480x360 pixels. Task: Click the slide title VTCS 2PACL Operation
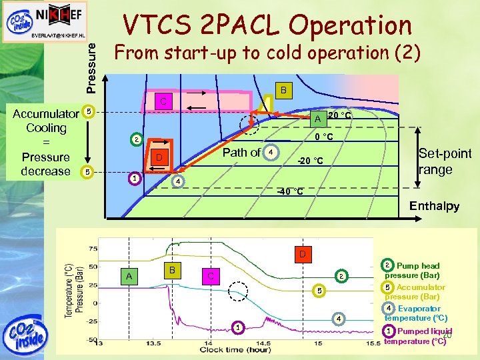tap(267, 25)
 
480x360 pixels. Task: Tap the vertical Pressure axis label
tap(92, 64)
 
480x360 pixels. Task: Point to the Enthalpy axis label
tap(434, 206)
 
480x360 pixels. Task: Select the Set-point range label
tap(445, 161)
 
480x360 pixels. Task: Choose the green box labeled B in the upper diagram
tap(283, 90)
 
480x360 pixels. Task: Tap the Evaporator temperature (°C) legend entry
tap(416, 313)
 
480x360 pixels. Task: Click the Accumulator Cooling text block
tap(45, 142)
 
